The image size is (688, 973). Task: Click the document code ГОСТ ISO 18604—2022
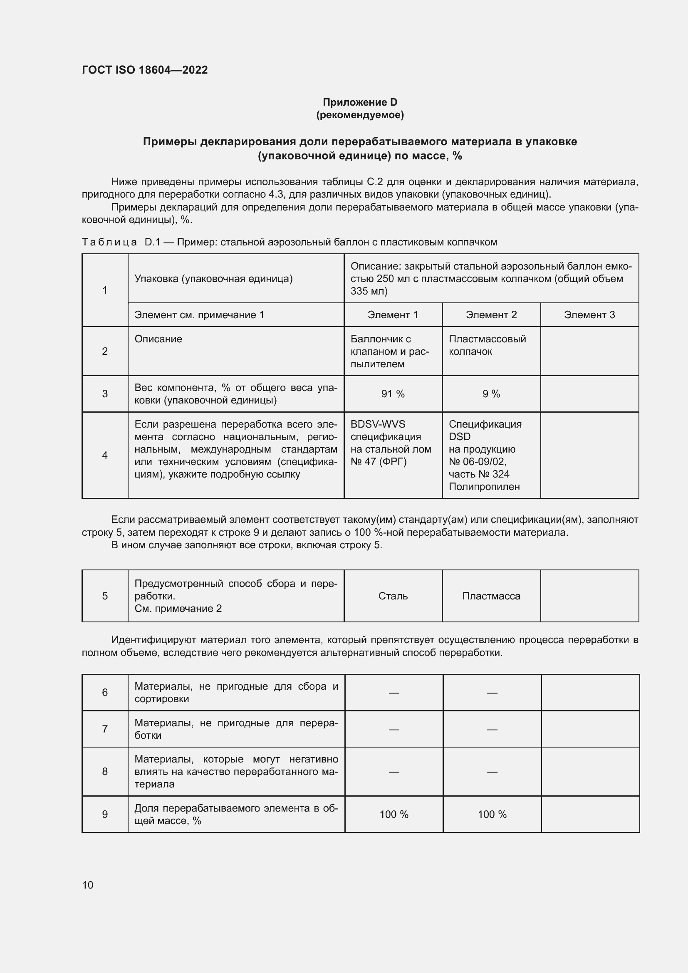[x=144, y=70]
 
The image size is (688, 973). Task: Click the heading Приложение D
[x=360, y=102]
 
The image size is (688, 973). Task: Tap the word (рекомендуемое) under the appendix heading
[x=360, y=115]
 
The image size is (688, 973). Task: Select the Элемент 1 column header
[x=393, y=315]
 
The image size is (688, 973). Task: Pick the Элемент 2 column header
[x=491, y=315]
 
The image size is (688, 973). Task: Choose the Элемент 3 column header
[x=589, y=315]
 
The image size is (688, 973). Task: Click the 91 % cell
[x=393, y=394]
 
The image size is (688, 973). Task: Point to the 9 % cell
[x=491, y=394]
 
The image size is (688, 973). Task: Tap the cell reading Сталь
[x=393, y=596]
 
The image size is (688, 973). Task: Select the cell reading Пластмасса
[x=491, y=596]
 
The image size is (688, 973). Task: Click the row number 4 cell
[x=105, y=455]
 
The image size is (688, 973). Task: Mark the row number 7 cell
[x=105, y=729]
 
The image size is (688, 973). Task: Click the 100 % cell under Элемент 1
[x=393, y=814]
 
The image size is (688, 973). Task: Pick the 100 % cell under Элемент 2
[x=492, y=814]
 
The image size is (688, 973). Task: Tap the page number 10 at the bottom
[x=88, y=885]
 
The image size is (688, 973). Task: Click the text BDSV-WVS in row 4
[x=377, y=424]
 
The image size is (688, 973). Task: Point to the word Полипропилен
[x=484, y=487]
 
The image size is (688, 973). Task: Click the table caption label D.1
[x=152, y=243]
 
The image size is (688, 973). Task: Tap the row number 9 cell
[x=105, y=814]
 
